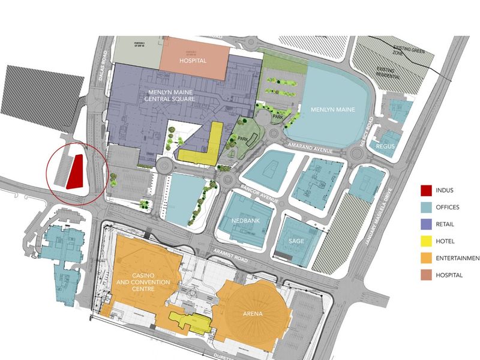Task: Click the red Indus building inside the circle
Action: point(75,171)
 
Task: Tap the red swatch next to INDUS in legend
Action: point(427,191)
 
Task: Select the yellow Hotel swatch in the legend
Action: point(427,241)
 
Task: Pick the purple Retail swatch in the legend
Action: point(427,224)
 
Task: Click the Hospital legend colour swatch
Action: point(427,275)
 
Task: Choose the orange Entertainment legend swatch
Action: point(427,258)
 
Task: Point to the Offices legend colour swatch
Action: point(427,208)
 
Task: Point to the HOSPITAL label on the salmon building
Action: point(193,61)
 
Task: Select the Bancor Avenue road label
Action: point(256,193)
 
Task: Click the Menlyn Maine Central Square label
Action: point(172,96)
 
